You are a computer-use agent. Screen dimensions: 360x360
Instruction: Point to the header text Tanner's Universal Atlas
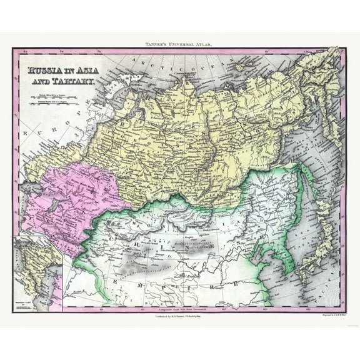pos(180,42)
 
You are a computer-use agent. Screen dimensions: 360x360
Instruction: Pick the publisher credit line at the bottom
pos(180,317)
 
